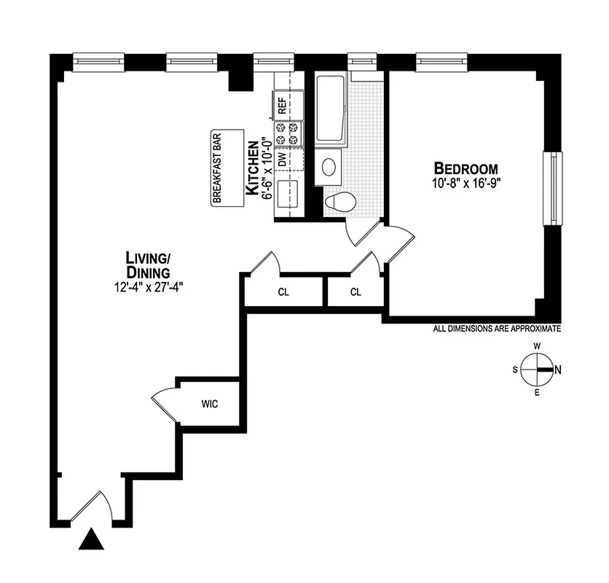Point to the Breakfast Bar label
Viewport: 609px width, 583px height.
coord(216,168)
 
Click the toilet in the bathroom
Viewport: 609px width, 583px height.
coord(339,201)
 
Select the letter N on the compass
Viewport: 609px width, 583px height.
coord(557,369)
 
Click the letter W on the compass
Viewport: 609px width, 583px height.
coord(537,346)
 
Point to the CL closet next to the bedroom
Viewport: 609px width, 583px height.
coord(355,292)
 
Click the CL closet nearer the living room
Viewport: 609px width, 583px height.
coord(283,292)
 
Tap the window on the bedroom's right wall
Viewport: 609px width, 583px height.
coord(556,189)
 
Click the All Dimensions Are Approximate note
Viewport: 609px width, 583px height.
coord(497,329)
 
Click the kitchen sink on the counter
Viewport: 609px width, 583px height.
coord(286,192)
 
